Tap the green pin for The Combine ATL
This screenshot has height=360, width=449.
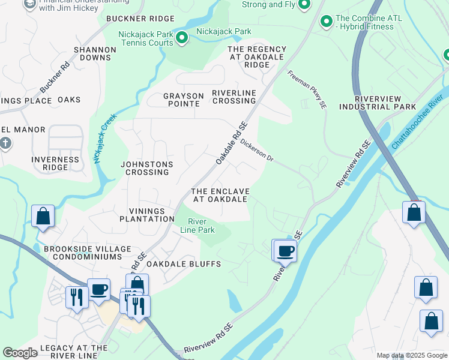click(x=327, y=22)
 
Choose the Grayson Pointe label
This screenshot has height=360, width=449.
click(x=182, y=100)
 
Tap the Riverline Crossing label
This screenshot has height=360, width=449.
click(x=234, y=97)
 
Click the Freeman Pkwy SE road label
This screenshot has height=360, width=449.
click(x=307, y=89)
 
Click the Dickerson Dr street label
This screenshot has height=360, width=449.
click(x=257, y=151)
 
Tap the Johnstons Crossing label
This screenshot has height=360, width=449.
click(x=146, y=168)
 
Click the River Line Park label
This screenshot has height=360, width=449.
click(x=197, y=226)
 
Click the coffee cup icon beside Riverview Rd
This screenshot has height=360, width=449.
click(x=286, y=251)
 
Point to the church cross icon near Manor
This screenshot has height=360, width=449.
click(x=5, y=143)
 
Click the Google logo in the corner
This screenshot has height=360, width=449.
click(x=20, y=353)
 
